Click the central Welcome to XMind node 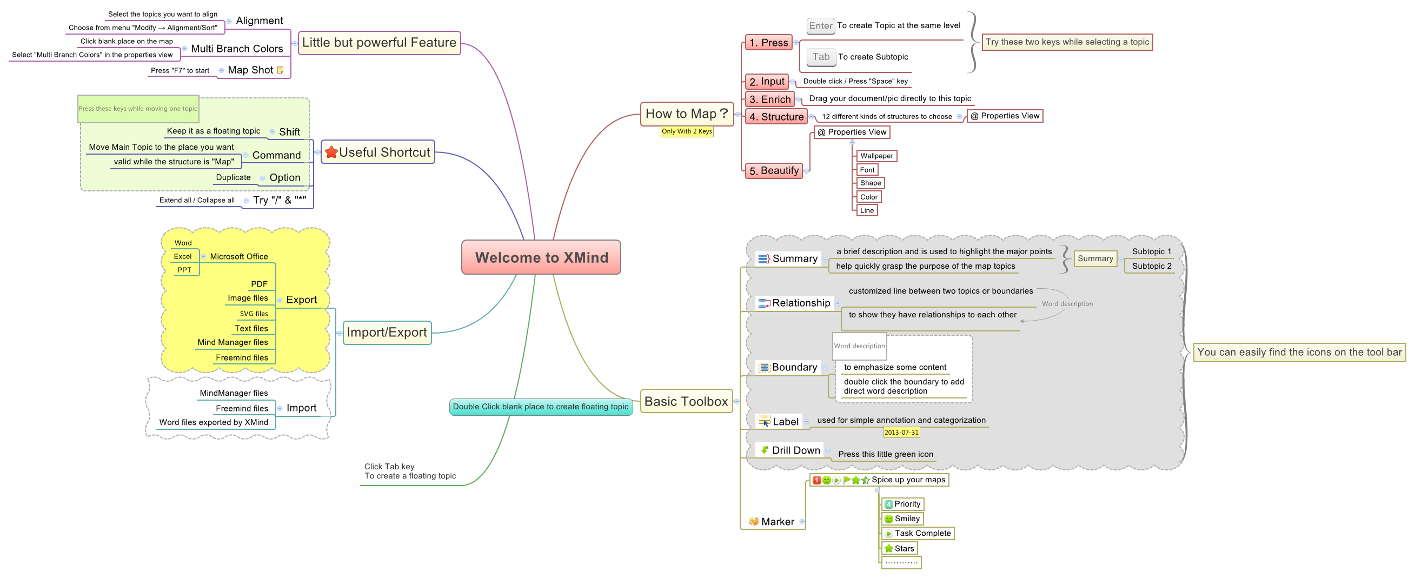pos(541,257)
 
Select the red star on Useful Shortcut pos(331,152)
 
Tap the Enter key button pos(821,26)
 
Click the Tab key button pos(821,57)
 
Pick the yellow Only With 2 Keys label pos(687,131)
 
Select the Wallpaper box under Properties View pos(876,156)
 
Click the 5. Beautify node pos(773,171)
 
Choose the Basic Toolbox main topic pos(686,402)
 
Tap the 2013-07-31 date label pos(901,433)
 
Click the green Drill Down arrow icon pos(764,450)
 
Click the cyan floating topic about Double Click pos(541,407)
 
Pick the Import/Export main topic pos(387,333)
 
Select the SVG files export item pos(254,314)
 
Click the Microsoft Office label pos(239,257)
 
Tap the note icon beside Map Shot pos(280,70)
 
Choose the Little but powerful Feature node pos(379,43)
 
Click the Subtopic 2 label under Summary pos(1151,266)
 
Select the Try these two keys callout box pos(1067,42)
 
